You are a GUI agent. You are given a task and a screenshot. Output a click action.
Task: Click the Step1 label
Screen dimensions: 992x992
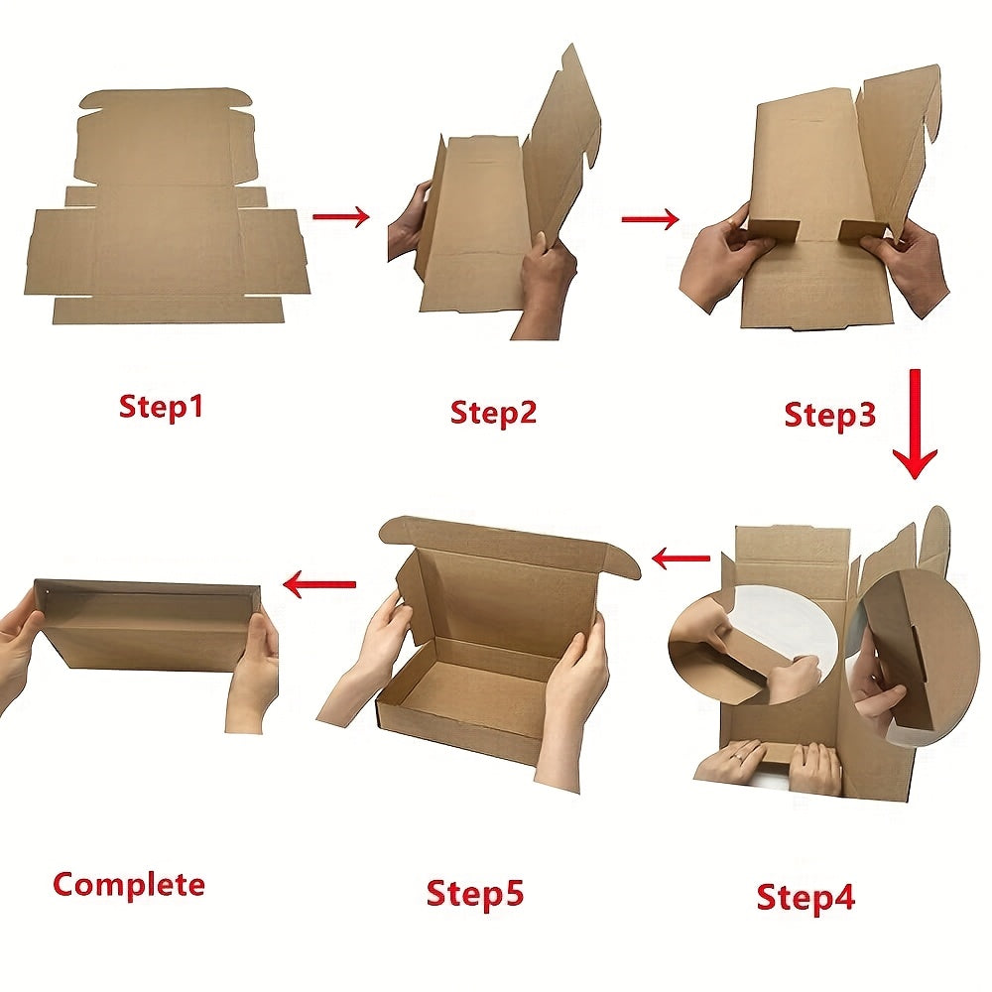[x=162, y=406]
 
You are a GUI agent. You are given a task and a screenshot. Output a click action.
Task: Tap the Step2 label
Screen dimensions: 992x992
[x=493, y=413]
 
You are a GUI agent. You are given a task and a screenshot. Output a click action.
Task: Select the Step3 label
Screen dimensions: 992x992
[x=830, y=415]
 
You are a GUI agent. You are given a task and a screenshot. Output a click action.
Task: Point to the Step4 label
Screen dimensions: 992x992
[x=806, y=897]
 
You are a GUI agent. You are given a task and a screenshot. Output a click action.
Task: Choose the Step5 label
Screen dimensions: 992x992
[x=475, y=894]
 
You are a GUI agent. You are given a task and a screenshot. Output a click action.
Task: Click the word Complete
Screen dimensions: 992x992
[x=129, y=885]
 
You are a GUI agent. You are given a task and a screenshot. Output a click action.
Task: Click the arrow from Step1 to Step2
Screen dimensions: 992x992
[x=341, y=217]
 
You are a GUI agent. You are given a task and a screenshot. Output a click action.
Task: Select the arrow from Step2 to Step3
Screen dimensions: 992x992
[x=651, y=219]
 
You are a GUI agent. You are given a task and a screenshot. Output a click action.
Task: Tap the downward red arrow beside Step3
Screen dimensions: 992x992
[x=915, y=424]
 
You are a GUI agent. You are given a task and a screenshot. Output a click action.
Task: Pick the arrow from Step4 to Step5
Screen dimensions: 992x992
[x=681, y=558]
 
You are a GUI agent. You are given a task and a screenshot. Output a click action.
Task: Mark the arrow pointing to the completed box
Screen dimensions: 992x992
[x=319, y=584]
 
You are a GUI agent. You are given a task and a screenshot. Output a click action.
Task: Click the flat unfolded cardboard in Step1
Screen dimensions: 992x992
[x=167, y=208]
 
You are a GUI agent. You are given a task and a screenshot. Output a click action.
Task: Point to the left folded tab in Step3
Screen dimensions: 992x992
[x=773, y=230]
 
